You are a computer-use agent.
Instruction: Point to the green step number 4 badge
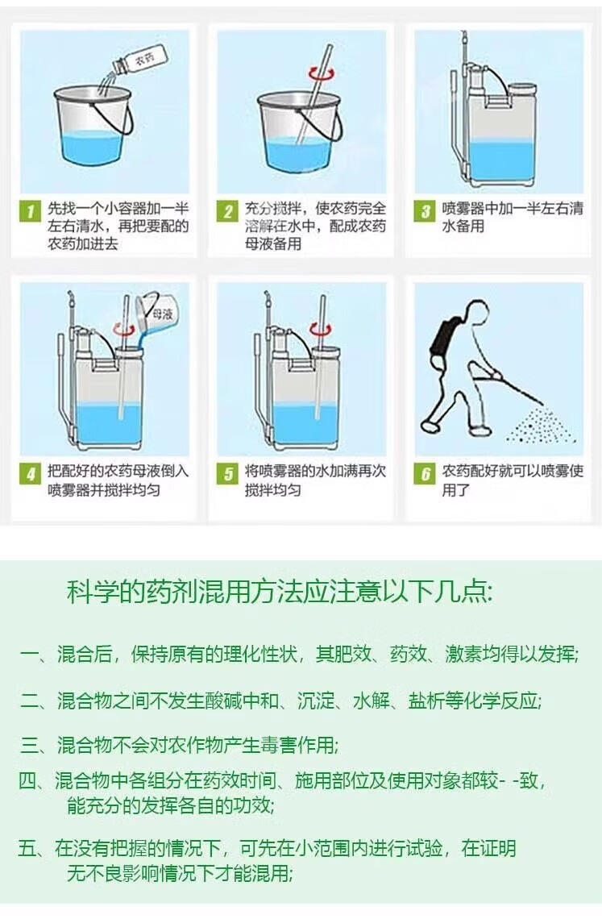[x=31, y=473]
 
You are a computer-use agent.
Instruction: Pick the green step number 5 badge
[x=227, y=473]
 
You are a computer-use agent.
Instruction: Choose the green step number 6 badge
[x=425, y=473]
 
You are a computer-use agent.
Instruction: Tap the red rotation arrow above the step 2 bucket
[x=322, y=74]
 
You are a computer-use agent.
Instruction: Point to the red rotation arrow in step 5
[x=321, y=330]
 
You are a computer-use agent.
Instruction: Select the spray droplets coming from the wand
[x=538, y=424]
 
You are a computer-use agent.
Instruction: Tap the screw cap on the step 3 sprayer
[x=522, y=89]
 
